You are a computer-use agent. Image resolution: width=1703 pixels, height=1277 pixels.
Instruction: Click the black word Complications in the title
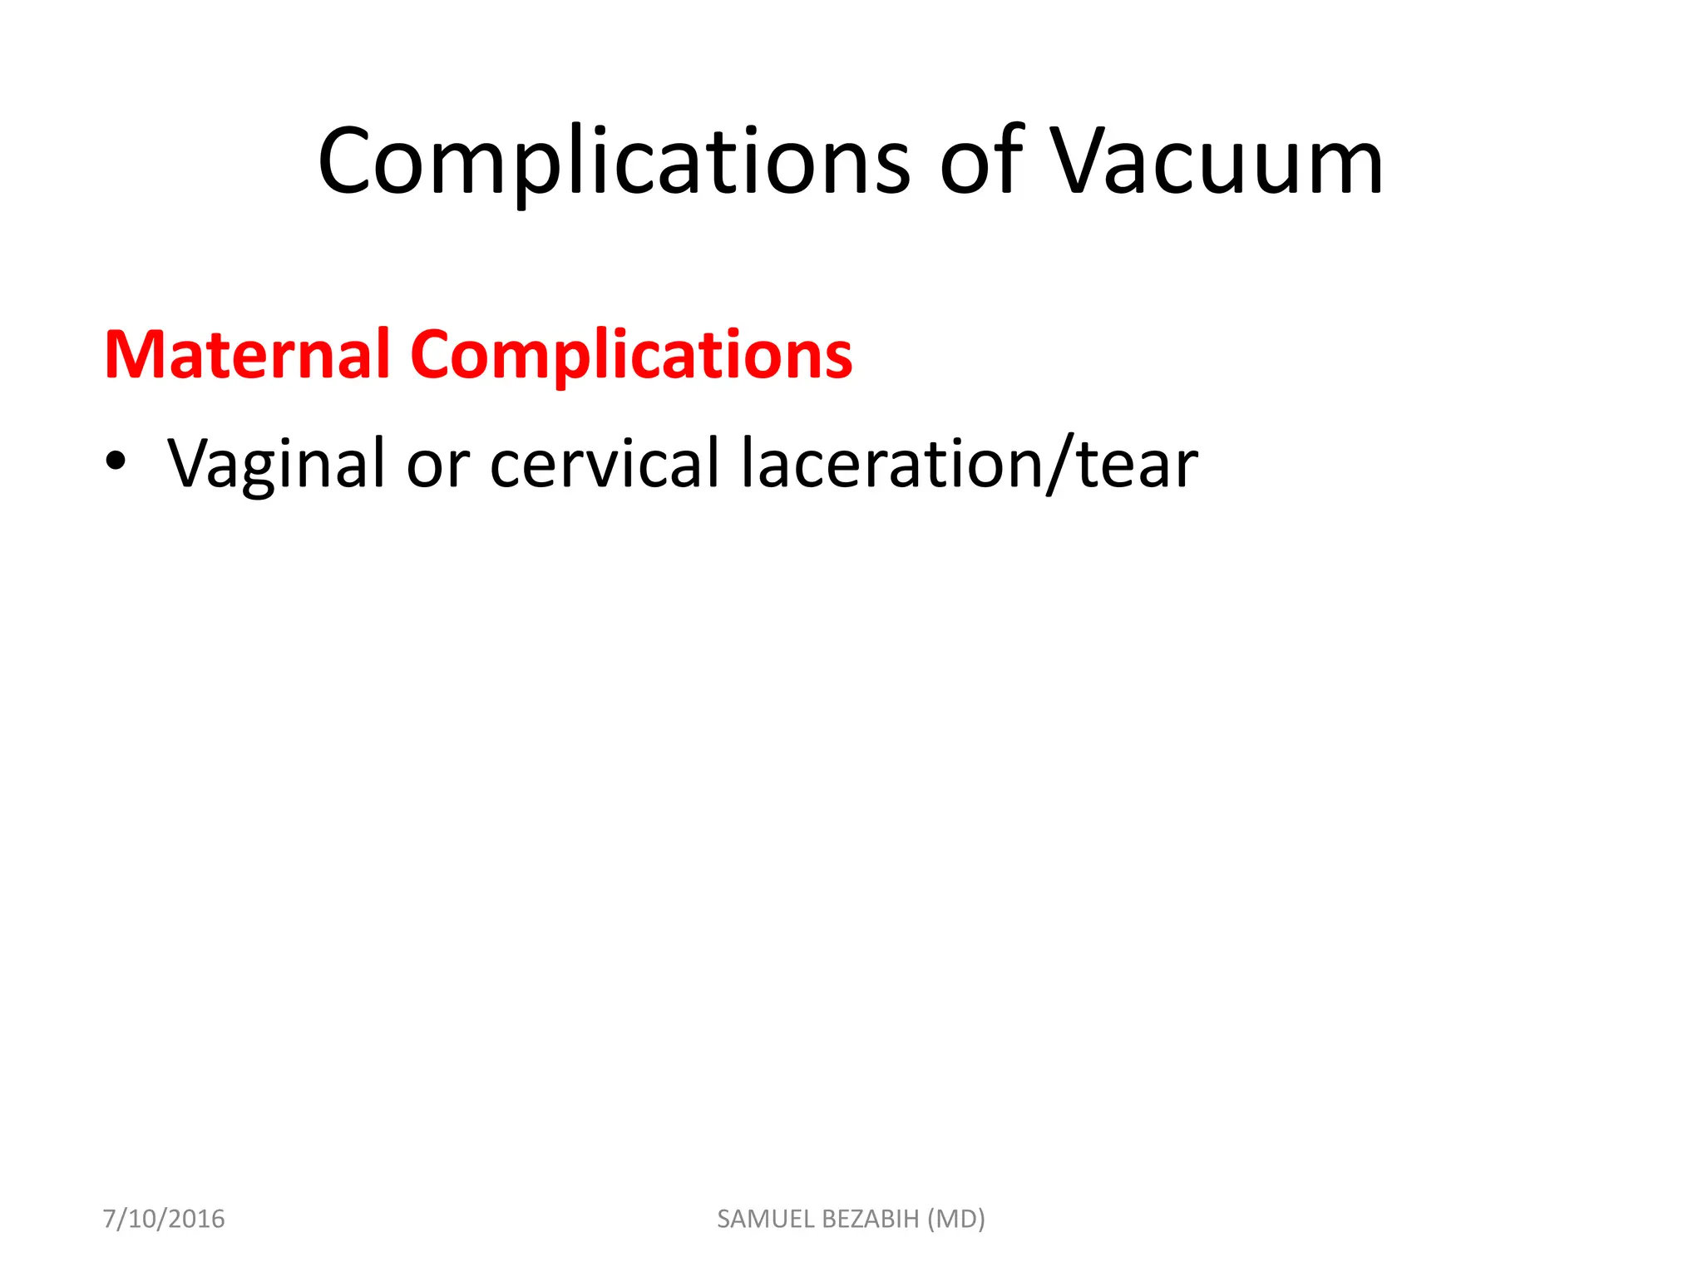coord(614,162)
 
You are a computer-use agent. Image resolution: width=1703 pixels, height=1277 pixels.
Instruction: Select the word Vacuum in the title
coord(1216,162)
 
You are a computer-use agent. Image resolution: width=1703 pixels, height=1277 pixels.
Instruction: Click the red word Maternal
coord(247,355)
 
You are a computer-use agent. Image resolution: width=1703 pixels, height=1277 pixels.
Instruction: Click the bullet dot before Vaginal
coord(116,462)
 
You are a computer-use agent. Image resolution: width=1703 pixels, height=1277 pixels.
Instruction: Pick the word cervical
coord(605,464)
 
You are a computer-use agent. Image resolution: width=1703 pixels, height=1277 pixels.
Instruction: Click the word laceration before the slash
coord(891,464)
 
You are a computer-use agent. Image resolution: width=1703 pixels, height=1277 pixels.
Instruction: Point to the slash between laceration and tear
coord(1060,464)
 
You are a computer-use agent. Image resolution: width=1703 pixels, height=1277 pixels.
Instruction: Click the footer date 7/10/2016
coord(164,1219)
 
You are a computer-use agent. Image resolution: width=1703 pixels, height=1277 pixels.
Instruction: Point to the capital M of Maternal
coord(131,355)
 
